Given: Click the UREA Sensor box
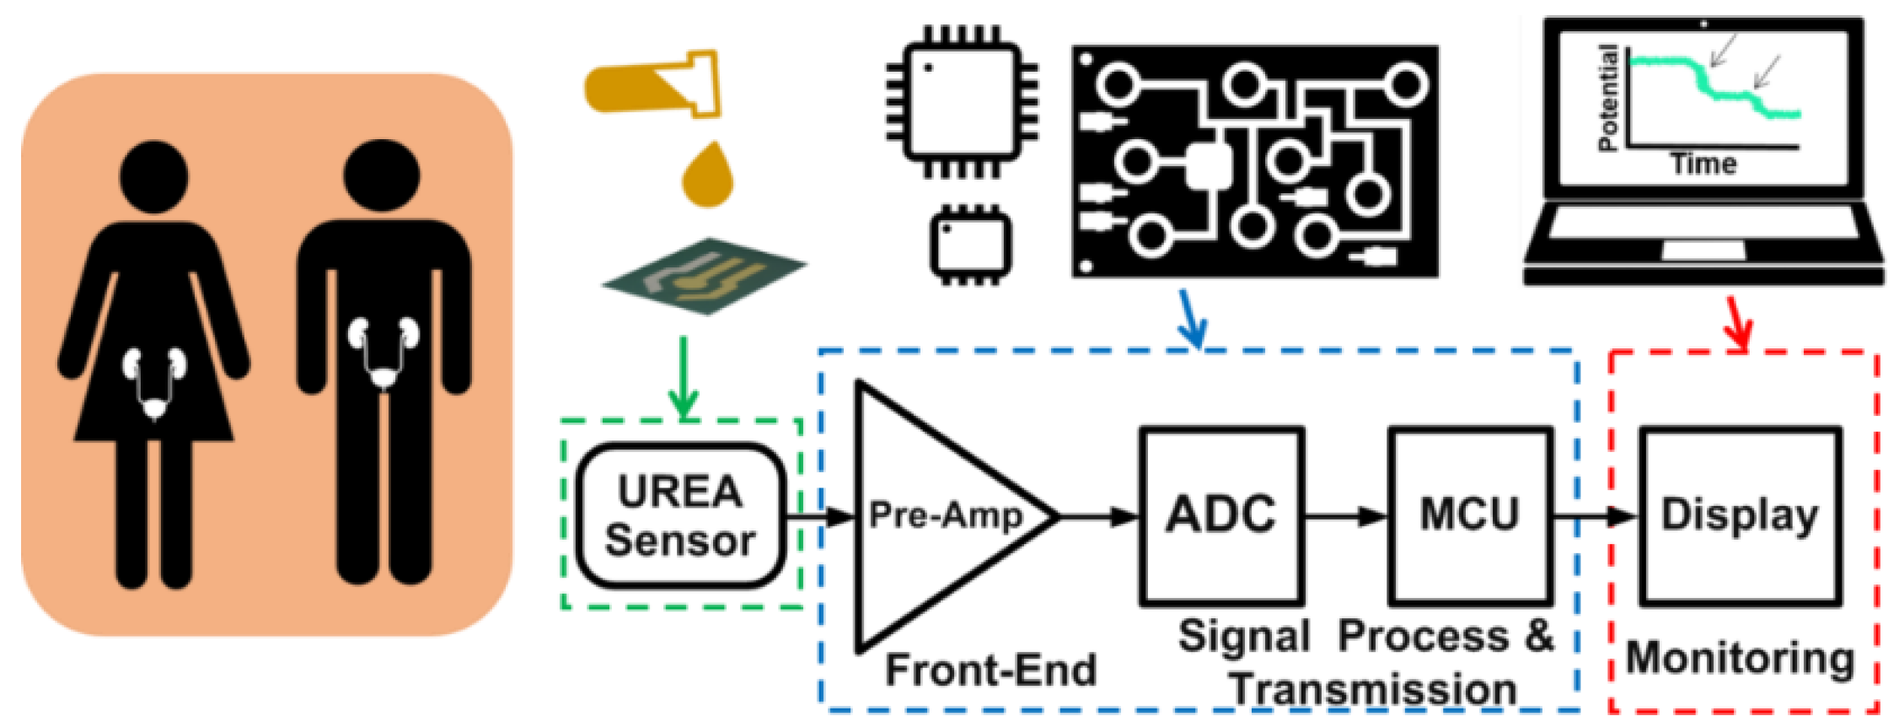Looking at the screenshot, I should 681,515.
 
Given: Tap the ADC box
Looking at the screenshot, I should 1220,515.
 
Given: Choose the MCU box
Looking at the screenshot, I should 1470,515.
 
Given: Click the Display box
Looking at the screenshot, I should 1740,515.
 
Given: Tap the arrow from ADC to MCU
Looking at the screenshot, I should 1346,516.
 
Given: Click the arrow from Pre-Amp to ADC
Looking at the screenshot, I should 1100,516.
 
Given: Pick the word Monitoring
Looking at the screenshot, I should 1740,658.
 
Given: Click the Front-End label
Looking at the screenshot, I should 990,671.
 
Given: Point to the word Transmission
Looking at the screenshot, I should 1374,690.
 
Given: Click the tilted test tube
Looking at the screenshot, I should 653,85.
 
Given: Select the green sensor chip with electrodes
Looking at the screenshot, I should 705,276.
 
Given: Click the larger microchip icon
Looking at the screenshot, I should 961,101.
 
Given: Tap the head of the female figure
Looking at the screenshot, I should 154,176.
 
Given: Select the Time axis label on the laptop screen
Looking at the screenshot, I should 1703,163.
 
